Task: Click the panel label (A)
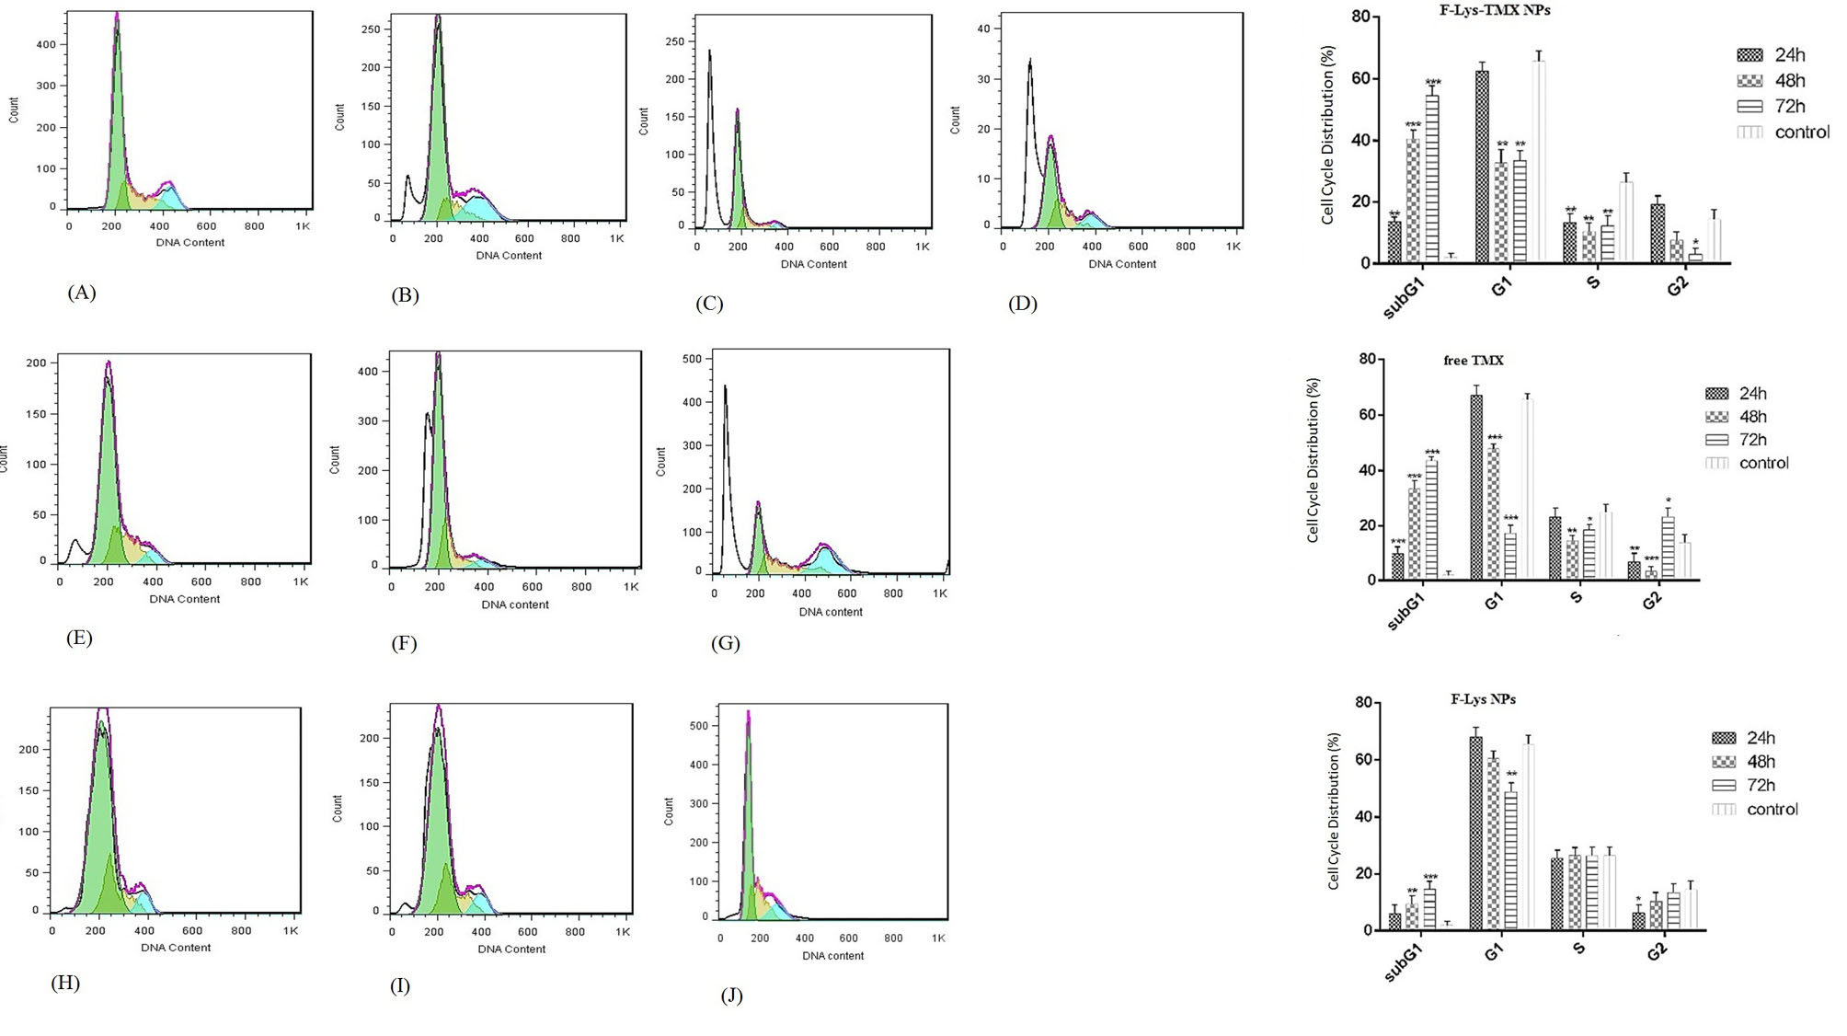(82, 293)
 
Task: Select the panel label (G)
(726, 643)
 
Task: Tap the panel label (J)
(731, 996)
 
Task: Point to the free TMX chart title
(1474, 360)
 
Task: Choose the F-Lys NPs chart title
(1483, 698)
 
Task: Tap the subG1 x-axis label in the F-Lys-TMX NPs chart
(1404, 297)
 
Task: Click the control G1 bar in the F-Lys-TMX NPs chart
(1538, 162)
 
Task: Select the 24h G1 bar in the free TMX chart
(1476, 488)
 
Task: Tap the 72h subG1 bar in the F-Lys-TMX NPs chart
(1432, 179)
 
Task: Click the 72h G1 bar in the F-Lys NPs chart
(1510, 860)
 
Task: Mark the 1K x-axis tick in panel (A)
(303, 225)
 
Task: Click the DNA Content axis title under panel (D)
(1122, 264)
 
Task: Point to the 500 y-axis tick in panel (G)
(693, 359)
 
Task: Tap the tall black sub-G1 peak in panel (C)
(710, 138)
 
